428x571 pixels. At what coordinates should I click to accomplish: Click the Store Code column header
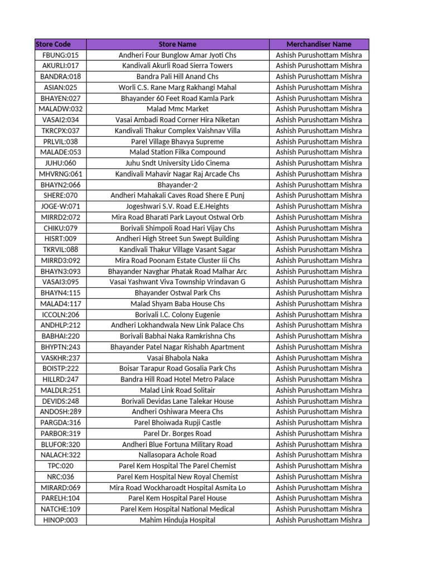tap(53, 44)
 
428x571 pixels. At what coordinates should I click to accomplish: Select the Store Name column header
tap(177, 44)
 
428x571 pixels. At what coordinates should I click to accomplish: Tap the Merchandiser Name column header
tap(319, 44)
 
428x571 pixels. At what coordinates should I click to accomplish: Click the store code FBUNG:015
tap(61, 55)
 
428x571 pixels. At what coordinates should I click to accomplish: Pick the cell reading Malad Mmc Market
tap(177, 109)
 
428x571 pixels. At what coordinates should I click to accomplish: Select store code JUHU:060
tap(61, 163)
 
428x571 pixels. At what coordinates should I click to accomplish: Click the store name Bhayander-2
tap(177, 185)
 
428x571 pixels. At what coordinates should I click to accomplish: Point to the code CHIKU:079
tap(61, 228)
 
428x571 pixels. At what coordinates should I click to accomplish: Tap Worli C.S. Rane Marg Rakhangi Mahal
tap(177, 88)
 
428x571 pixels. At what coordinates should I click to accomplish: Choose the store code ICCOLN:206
tap(61, 314)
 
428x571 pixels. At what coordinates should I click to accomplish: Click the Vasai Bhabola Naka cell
tap(177, 358)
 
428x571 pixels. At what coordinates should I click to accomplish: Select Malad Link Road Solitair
tap(177, 390)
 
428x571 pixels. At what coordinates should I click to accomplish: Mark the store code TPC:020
tap(61, 466)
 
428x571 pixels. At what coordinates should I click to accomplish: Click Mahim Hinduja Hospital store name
tap(177, 520)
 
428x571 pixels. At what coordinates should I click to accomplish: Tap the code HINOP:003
tap(61, 520)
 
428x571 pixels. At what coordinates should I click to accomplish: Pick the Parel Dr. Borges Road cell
tap(177, 433)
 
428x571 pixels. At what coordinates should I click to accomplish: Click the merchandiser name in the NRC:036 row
tap(319, 477)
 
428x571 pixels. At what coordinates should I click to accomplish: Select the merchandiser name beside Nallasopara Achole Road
tap(319, 455)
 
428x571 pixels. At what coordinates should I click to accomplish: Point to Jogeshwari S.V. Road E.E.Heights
tap(177, 206)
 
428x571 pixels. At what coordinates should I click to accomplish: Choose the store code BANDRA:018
tap(61, 76)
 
